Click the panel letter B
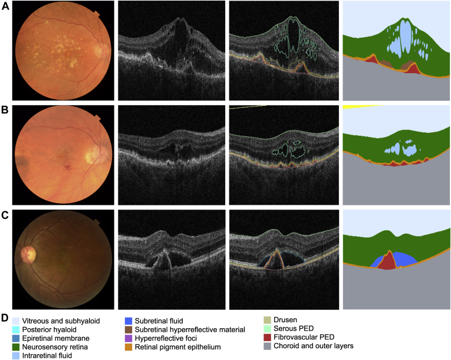point(5,110)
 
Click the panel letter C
point(5,214)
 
